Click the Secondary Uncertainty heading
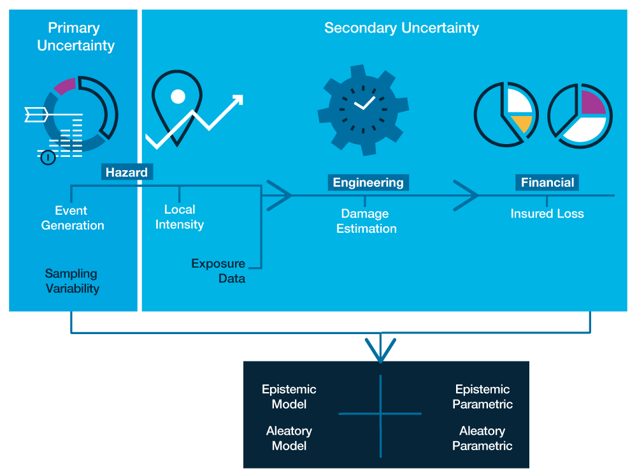(x=401, y=28)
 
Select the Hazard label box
(x=127, y=172)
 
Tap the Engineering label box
(x=368, y=183)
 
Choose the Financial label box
(x=548, y=183)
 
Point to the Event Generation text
(x=72, y=218)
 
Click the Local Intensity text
(x=180, y=217)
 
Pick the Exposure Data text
(x=218, y=271)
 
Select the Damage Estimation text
(x=366, y=221)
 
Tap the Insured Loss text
(x=547, y=214)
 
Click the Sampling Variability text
(x=72, y=281)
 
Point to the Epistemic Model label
(x=289, y=397)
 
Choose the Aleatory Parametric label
(x=482, y=439)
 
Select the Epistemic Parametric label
(x=482, y=397)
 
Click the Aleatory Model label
(x=289, y=439)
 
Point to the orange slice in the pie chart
(x=522, y=123)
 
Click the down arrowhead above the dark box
(x=381, y=352)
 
